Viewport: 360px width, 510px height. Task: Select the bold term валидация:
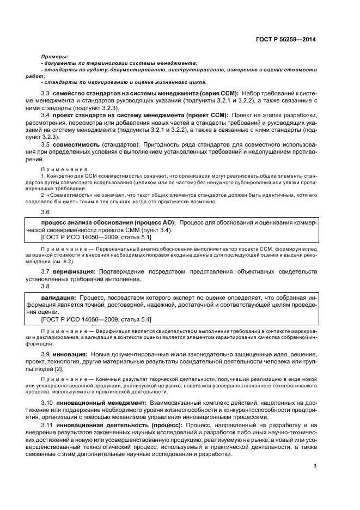[x=59, y=298]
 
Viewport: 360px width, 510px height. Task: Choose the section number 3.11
[x=48, y=424]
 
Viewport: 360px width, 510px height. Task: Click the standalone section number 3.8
[x=46, y=286]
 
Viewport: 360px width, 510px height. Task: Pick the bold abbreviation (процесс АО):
[x=152, y=223]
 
